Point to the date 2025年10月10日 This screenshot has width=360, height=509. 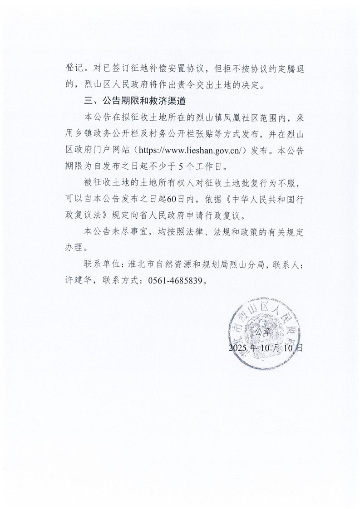[x=266, y=348]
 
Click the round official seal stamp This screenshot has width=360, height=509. [x=266, y=335]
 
